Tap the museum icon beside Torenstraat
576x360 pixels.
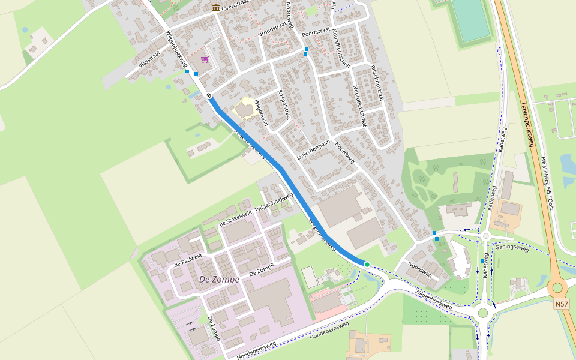coord(215,8)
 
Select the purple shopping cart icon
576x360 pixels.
coord(205,59)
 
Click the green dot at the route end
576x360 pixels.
coord(367,264)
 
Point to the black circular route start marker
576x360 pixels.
coord(209,95)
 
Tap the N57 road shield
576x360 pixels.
coord(561,304)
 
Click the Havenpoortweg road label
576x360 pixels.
coord(526,124)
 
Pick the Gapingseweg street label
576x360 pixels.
coord(512,247)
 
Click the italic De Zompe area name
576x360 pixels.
coord(219,280)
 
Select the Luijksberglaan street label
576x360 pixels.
coord(314,151)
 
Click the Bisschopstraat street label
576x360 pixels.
coord(376,83)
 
